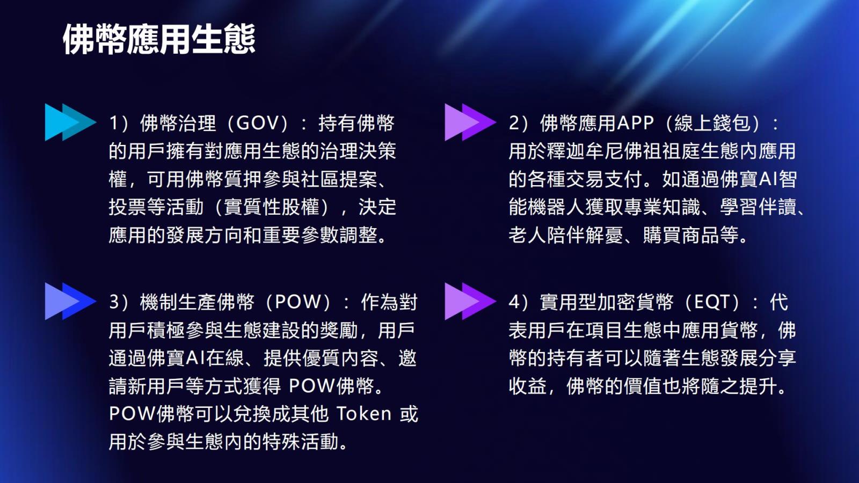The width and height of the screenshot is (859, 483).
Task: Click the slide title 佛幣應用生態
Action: [x=159, y=39]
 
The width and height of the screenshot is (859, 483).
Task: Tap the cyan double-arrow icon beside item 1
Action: [x=70, y=122]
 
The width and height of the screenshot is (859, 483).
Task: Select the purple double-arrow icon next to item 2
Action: [x=470, y=122]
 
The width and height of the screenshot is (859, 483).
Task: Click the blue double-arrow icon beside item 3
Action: [x=70, y=301]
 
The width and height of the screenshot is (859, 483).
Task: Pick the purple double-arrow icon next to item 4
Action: [x=470, y=301]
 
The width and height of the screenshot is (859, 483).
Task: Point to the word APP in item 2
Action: [x=635, y=123]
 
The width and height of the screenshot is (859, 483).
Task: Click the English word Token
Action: [x=365, y=414]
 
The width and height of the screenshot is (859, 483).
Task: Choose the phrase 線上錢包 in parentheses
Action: [x=712, y=123]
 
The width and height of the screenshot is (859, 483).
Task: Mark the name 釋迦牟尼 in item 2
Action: [x=585, y=151]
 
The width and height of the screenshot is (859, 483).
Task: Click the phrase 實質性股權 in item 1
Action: [x=272, y=207]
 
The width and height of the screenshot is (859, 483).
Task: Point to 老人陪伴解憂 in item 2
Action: [x=566, y=236]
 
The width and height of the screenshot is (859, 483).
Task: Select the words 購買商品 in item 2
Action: [x=681, y=236]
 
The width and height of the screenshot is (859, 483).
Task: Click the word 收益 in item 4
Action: [x=528, y=386]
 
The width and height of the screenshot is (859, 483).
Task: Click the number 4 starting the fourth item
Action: [x=514, y=303]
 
